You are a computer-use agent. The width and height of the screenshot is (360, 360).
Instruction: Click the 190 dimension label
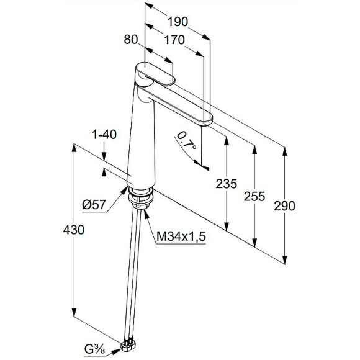point(178,22)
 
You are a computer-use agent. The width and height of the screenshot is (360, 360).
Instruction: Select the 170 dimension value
point(174,40)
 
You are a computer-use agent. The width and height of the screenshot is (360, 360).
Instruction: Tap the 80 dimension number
point(131,40)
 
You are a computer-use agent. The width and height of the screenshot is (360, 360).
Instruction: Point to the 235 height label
point(226,184)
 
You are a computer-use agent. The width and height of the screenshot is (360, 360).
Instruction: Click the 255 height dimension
point(254,196)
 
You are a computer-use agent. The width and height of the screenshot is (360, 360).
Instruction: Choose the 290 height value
point(284,206)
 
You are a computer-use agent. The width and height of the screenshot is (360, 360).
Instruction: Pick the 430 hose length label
point(74,230)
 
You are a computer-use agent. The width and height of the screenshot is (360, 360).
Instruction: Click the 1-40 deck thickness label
point(104,135)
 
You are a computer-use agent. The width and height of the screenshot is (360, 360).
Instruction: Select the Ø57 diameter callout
point(94,204)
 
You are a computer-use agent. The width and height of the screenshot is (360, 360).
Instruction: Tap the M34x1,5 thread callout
point(181,236)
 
